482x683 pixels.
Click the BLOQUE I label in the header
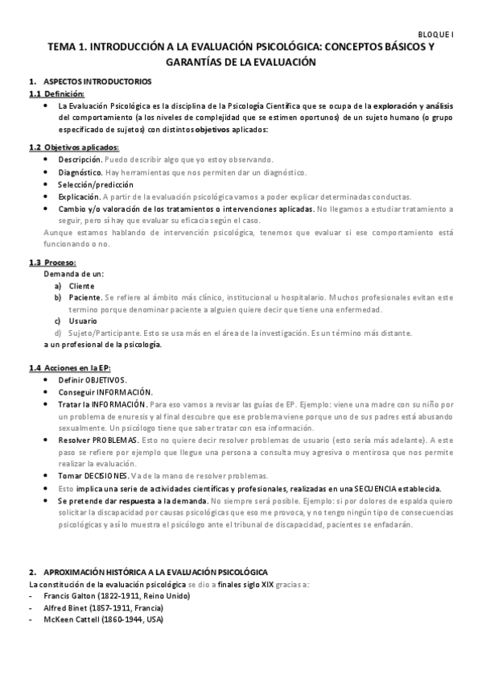(438, 35)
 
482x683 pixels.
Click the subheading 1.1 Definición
(56, 94)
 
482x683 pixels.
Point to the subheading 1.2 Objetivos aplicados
(73, 147)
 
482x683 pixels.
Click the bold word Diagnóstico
(80, 172)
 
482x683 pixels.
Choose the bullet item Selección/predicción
(96, 184)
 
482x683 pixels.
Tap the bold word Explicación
(79, 197)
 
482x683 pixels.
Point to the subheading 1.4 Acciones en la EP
(69, 368)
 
